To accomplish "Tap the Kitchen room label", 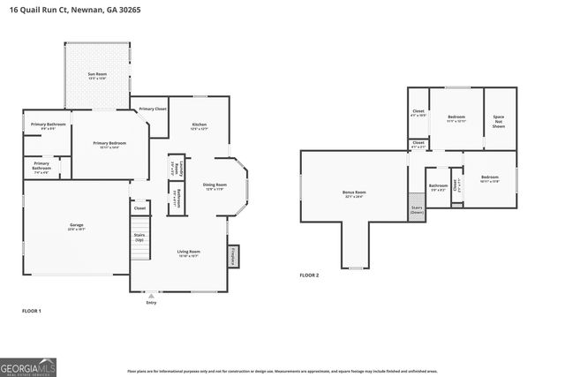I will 200,126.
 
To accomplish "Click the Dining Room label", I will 215,185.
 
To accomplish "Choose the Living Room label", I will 189,253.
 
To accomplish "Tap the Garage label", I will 77,227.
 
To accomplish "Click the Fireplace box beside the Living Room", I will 234,255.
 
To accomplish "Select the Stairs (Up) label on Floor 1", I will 139,238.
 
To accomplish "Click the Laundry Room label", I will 176,168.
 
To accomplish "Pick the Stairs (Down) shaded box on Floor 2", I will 417,210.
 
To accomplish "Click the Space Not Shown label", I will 499,122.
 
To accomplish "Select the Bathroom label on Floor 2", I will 438,186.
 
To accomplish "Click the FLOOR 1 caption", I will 32,311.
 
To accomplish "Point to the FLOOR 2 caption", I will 308,275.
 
